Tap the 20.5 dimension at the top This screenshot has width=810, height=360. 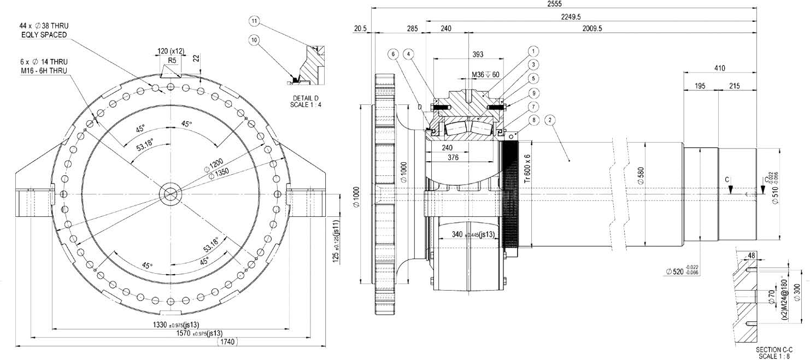pyautogui.click(x=360, y=28)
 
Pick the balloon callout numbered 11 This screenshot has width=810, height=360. pyautogui.click(x=254, y=21)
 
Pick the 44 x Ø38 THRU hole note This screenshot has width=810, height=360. pyautogui.click(x=43, y=30)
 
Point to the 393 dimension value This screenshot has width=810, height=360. pyautogui.click(x=478, y=54)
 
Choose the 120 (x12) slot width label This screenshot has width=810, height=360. pyautogui.click(x=171, y=51)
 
